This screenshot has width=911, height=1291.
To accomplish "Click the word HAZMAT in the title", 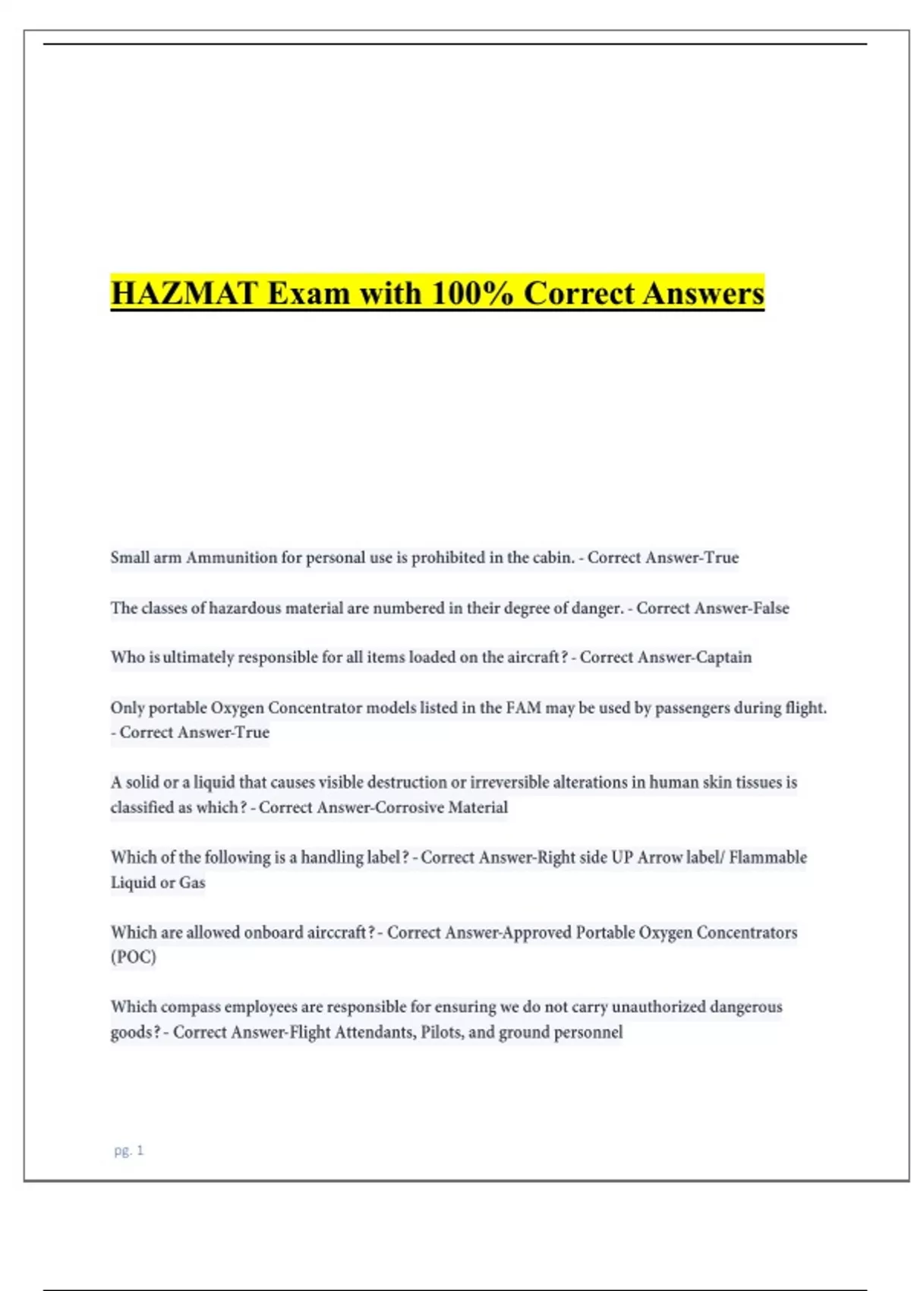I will (x=184, y=294).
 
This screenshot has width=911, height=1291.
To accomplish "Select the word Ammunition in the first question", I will (x=232, y=557).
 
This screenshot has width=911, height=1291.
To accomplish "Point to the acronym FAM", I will (x=524, y=708).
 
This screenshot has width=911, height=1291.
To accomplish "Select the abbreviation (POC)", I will (x=134, y=957).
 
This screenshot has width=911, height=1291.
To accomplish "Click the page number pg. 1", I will (x=129, y=1151).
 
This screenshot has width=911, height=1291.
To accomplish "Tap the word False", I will (x=771, y=608).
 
